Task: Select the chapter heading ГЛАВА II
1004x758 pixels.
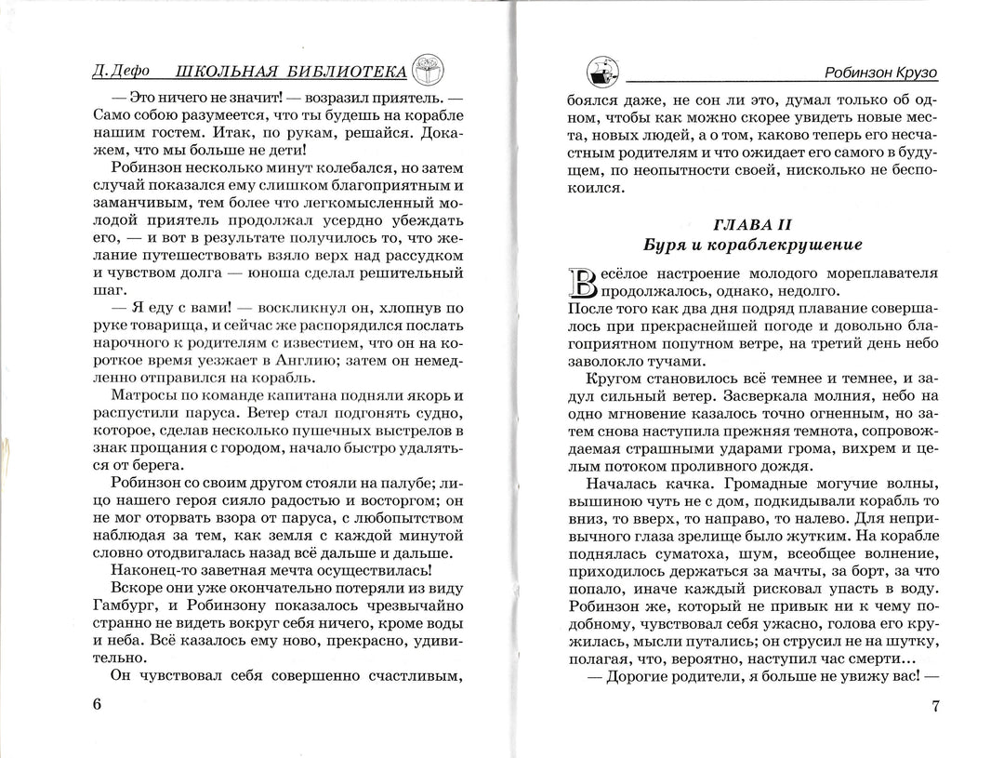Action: pyautogui.click(x=752, y=226)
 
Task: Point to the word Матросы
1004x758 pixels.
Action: pyautogui.click(x=141, y=398)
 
